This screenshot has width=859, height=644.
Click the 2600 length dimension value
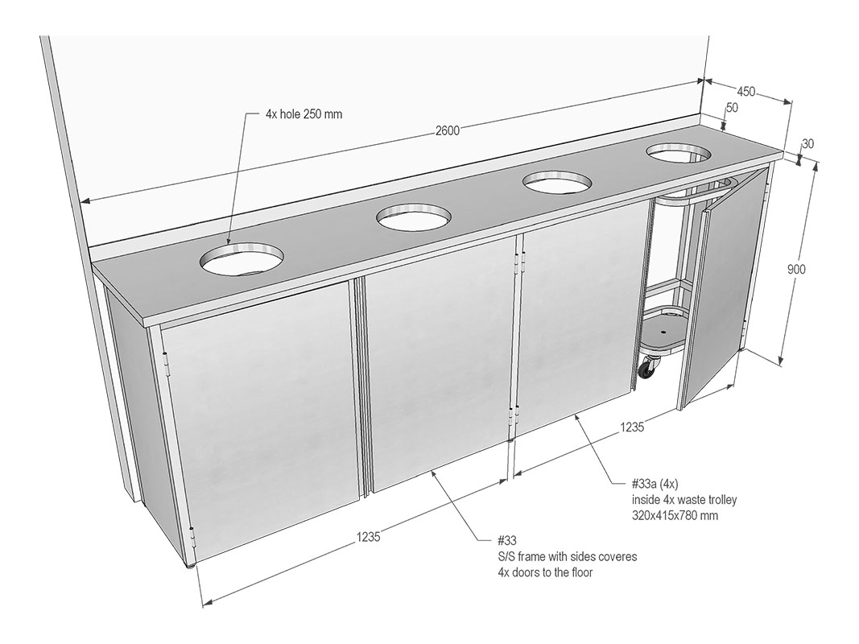click(x=447, y=130)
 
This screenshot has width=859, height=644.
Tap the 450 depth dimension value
click(x=745, y=92)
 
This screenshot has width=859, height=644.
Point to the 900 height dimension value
click(x=796, y=269)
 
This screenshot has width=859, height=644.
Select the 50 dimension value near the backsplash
click(x=732, y=107)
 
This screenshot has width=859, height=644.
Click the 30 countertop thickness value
click(x=807, y=143)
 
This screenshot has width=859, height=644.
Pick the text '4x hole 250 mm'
click(x=304, y=114)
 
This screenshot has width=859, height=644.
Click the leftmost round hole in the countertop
click(x=242, y=258)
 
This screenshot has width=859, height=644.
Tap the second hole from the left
click(x=414, y=217)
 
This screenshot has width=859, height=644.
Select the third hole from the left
click(x=557, y=182)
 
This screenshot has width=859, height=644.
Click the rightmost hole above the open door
click(x=679, y=152)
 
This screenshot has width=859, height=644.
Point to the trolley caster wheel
click(x=647, y=367)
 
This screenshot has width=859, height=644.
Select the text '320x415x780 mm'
click(x=675, y=514)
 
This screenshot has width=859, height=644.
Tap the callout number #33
click(x=506, y=541)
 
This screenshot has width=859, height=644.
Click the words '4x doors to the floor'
click(x=544, y=572)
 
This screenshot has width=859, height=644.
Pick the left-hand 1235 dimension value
click(x=368, y=537)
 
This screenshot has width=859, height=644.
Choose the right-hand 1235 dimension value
click(x=632, y=427)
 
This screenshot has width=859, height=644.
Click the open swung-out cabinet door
click(x=723, y=285)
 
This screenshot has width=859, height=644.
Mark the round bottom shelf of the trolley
click(x=662, y=337)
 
